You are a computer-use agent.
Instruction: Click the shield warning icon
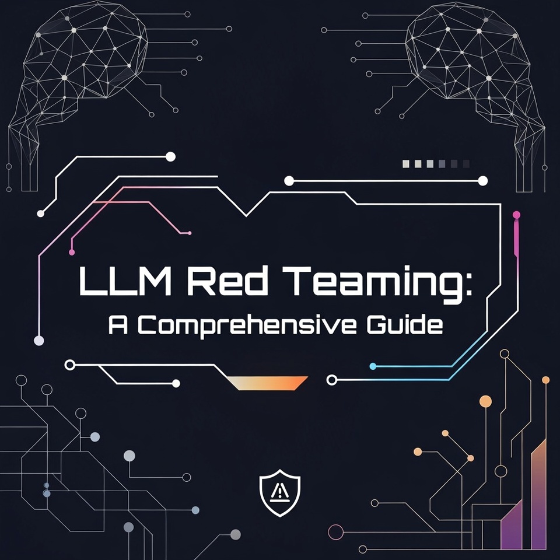click(281, 491)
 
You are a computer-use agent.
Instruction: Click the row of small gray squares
click(435, 164)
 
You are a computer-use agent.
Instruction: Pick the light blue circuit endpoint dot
click(373, 366)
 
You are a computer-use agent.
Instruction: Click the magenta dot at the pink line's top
click(516, 215)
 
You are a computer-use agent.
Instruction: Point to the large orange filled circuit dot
click(485, 401)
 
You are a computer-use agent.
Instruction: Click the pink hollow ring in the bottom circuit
click(336, 532)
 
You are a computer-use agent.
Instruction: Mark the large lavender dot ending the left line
click(39, 341)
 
